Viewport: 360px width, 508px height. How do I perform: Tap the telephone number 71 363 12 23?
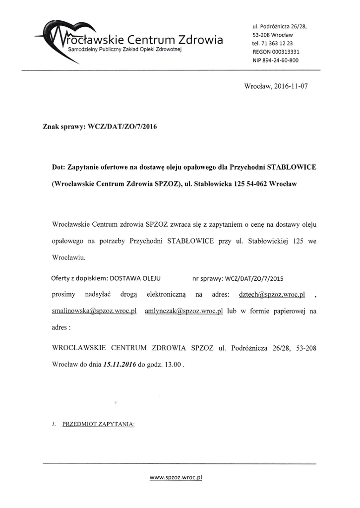point(280,43)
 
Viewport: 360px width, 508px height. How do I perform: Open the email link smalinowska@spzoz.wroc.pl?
point(94,311)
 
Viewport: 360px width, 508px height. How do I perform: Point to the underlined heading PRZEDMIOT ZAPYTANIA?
point(99,425)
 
